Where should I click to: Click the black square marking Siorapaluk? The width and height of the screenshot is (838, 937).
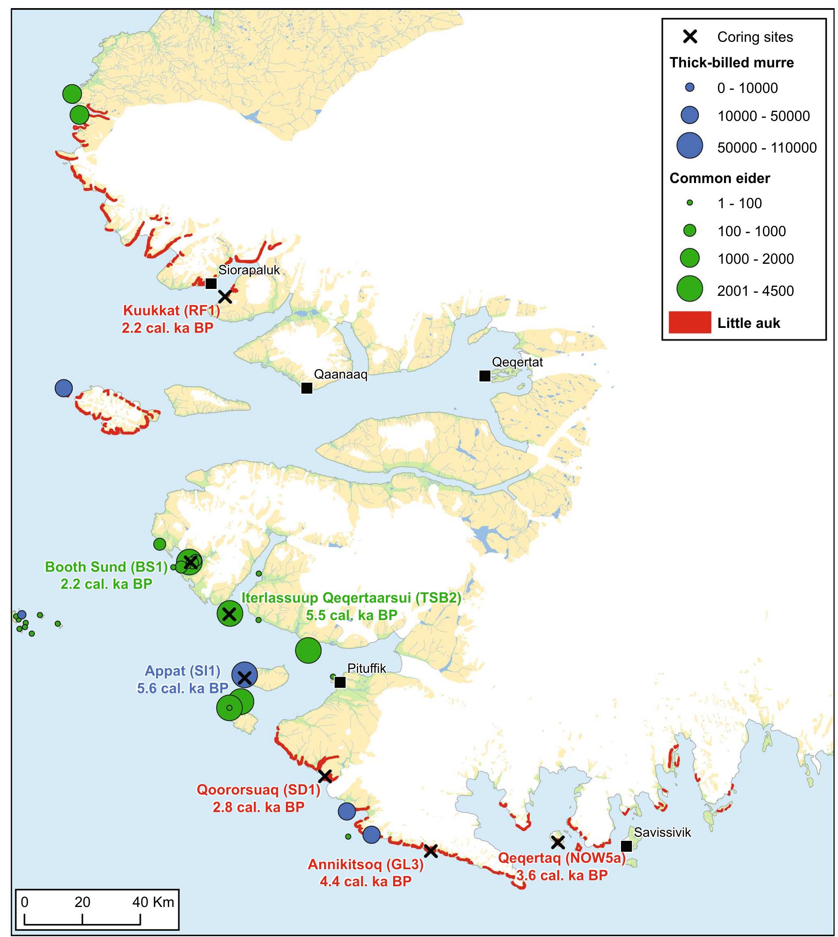[x=211, y=283]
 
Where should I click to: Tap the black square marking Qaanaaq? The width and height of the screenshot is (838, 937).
[x=307, y=388]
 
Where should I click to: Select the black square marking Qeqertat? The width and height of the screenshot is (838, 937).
[x=484, y=376]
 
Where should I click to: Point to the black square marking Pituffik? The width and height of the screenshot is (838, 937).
[x=340, y=682]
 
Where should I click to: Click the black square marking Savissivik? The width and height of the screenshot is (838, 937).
[x=626, y=846]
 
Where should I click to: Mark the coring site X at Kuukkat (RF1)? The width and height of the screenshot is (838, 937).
[x=225, y=297]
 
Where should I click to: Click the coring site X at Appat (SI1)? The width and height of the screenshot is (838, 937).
[x=245, y=677]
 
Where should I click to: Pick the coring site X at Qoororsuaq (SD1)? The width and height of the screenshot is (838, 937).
[x=324, y=776]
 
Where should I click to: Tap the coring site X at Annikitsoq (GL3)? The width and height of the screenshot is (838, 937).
[x=430, y=851]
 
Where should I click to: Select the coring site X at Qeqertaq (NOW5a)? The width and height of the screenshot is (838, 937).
[x=558, y=842]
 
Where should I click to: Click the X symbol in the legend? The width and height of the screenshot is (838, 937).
[x=690, y=37]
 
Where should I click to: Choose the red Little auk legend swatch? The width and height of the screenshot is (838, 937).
[x=690, y=323]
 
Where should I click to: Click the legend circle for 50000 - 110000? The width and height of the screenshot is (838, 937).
[x=690, y=145]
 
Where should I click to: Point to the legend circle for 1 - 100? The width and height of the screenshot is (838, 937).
[x=690, y=202]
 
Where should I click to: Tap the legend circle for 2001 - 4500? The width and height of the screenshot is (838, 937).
[x=690, y=289]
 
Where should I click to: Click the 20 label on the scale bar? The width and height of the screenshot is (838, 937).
[x=82, y=902]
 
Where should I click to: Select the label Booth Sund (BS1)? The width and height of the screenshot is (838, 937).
[x=106, y=567]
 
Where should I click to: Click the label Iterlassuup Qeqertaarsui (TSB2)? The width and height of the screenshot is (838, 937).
[x=351, y=598]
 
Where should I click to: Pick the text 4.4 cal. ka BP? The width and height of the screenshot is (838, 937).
[x=365, y=881]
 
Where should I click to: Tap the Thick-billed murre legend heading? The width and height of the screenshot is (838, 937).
[x=732, y=62]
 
